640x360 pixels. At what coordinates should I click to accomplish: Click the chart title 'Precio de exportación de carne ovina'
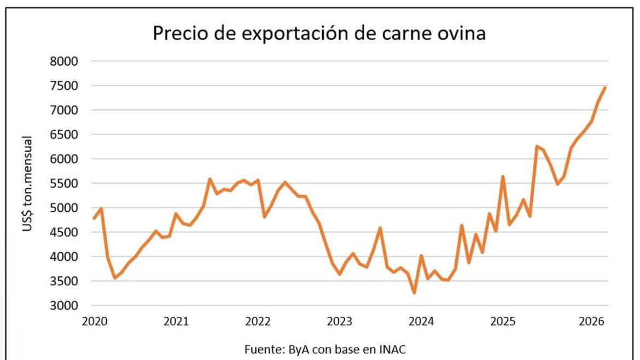pos(319,33)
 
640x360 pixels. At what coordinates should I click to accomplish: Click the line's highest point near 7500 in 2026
pos(605,87)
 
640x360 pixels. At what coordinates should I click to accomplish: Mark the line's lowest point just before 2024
pos(414,293)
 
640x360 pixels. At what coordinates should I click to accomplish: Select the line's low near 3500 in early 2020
pos(114,278)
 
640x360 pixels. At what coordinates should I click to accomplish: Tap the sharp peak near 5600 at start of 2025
pos(502,177)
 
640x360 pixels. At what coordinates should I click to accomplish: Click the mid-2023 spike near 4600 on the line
pos(380,228)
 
